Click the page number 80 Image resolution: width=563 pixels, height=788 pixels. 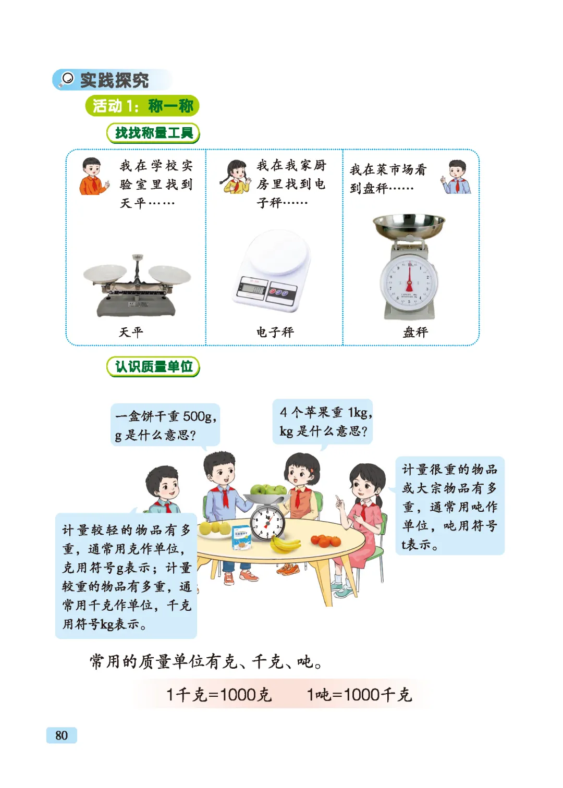pos(61,735)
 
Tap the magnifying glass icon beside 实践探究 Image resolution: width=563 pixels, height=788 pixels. pos(66,79)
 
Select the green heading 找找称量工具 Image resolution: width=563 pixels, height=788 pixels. pos(153,133)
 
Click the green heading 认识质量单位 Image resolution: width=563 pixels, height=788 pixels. pos(153,366)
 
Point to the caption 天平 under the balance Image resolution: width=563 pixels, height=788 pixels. pos(131,332)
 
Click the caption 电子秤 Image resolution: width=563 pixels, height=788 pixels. pos(275,332)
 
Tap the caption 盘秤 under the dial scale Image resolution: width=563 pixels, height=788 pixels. pos(415,332)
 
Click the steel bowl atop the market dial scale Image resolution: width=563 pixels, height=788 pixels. pos(409,225)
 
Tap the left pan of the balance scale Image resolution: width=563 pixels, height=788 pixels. pos(105,273)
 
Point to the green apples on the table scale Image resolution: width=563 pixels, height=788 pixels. pos(268,489)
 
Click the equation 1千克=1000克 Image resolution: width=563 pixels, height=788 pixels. pos(219,695)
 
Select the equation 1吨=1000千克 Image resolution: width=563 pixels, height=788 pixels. pos(359,695)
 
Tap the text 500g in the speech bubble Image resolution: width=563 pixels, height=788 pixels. pos(197,416)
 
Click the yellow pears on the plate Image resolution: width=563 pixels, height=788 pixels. pos(215,527)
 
